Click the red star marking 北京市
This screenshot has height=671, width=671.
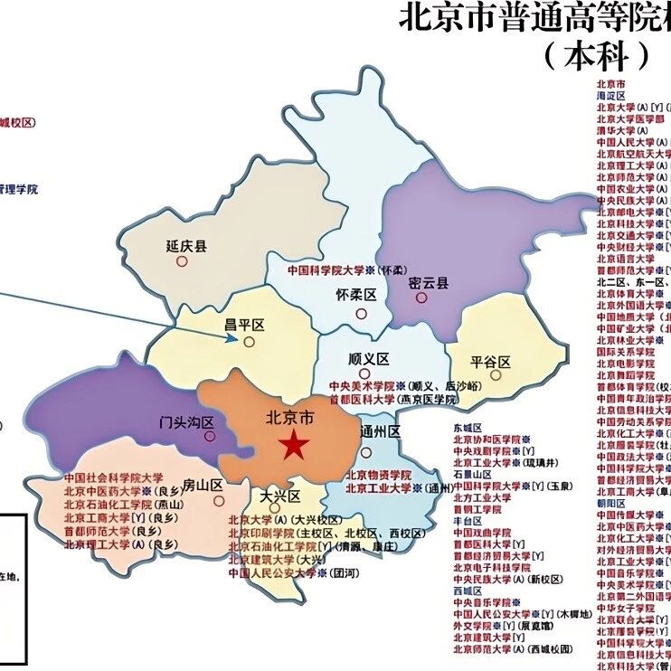pos(292,445)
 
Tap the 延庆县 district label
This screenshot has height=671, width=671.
pos(186,246)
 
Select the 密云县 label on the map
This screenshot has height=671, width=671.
pos(428,282)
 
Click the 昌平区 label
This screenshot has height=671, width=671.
pos(243,324)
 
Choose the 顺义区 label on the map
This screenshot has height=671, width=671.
pos(367,359)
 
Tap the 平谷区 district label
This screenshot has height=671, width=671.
pos(491,363)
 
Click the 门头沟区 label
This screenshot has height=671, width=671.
pos(186,422)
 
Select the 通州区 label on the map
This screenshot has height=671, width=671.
pos(380,431)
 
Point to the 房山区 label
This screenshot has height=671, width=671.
pos(203,484)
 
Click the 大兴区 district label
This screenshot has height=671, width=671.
pos(279,496)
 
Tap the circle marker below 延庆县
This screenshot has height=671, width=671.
pos(182,261)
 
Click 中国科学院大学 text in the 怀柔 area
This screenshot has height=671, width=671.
pos(326,269)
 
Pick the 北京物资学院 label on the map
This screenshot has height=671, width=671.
pos(377,475)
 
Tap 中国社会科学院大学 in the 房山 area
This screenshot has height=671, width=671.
pos(113,477)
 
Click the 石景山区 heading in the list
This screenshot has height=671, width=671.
pos(472,474)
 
